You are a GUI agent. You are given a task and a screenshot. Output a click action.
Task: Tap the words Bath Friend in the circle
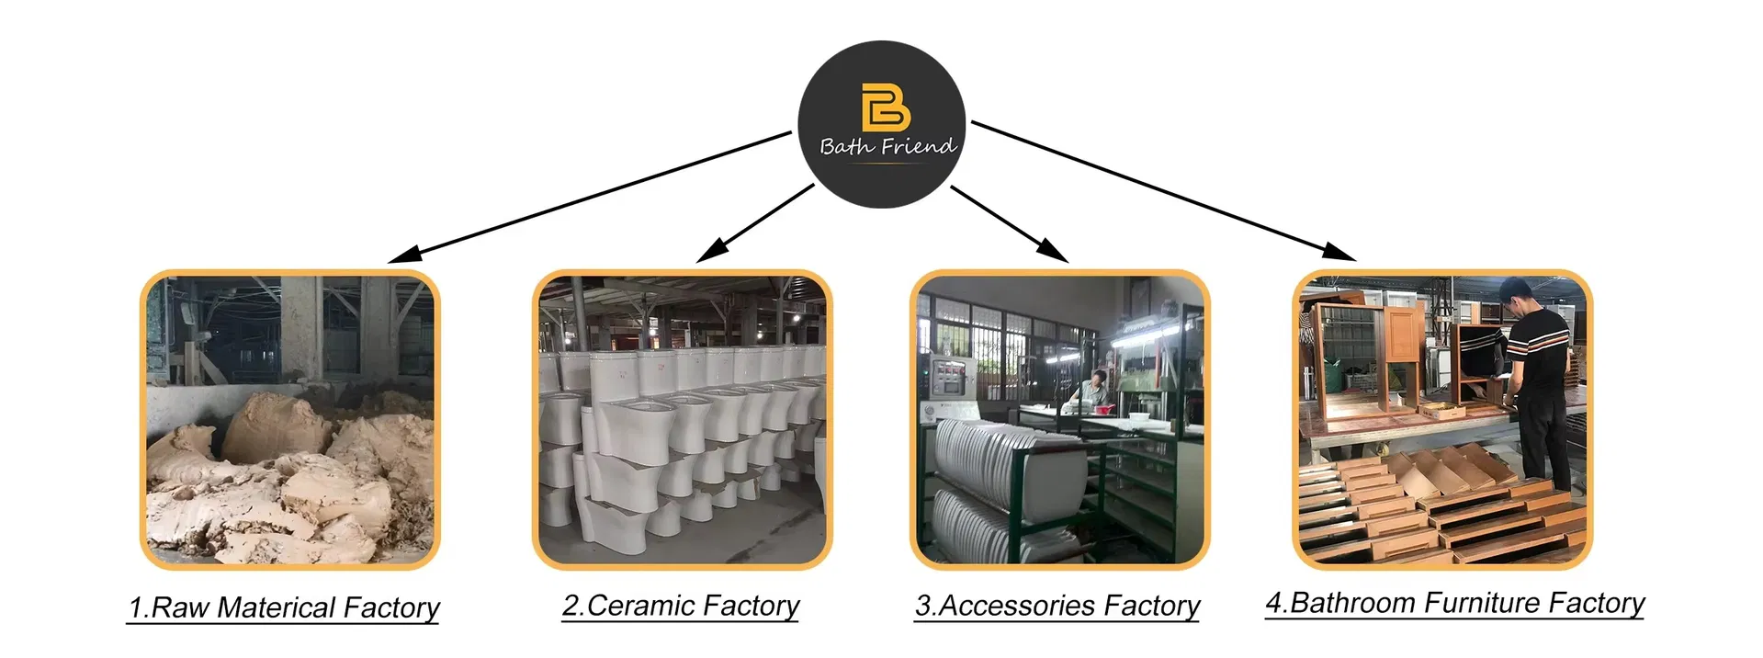(887, 146)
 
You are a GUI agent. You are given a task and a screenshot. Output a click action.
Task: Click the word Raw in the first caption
(180, 607)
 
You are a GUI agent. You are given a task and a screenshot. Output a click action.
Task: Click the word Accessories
(1017, 606)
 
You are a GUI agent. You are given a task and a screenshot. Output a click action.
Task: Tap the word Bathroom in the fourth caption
(1352, 603)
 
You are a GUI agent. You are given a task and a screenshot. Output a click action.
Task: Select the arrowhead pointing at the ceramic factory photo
(713, 249)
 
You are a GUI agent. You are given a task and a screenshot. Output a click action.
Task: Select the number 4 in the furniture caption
(1273, 603)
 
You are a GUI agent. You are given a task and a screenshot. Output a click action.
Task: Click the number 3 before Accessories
(922, 606)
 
